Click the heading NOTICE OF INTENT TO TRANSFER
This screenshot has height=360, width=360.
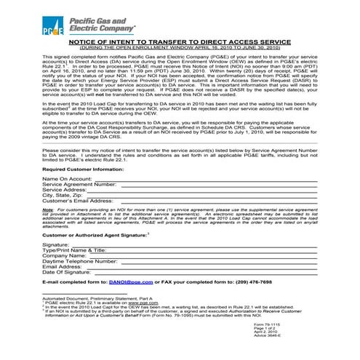[x=180, y=43]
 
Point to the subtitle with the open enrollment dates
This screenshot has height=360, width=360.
[x=180, y=48]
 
